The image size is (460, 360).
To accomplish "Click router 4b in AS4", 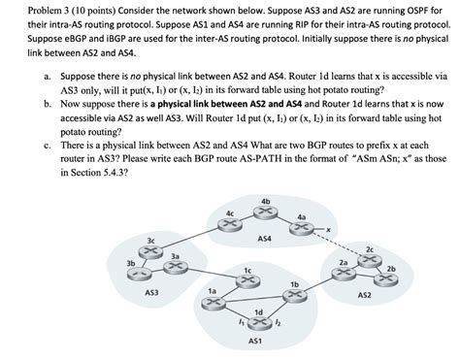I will (265, 210).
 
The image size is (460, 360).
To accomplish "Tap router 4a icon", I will (302, 225).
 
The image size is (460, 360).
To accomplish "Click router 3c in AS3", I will (150, 248).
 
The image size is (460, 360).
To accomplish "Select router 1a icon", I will (212, 303).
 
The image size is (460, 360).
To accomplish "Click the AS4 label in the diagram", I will (264, 238).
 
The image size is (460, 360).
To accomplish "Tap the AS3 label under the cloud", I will (151, 291).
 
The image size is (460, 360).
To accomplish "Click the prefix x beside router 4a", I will (330, 229).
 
